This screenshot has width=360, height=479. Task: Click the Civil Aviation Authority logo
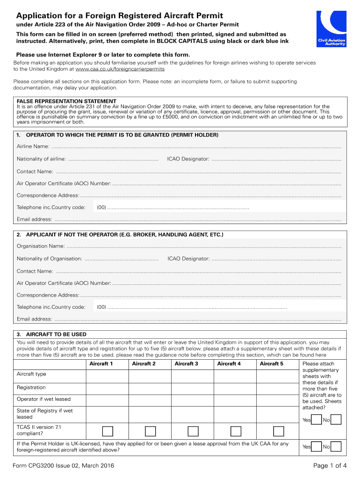(x=331, y=29)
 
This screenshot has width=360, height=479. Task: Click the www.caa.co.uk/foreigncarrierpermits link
(x=120, y=69)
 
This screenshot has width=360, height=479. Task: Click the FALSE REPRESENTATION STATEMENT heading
(x=66, y=101)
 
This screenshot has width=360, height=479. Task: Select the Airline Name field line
(x=196, y=147)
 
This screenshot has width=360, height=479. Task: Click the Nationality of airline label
(x=41, y=159)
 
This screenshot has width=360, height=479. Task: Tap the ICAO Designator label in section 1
(x=188, y=159)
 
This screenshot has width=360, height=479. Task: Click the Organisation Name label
(x=41, y=246)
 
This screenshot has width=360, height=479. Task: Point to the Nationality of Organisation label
(x=50, y=259)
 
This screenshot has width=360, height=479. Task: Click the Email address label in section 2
(x=34, y=319)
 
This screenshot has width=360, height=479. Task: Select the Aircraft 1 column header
(x=101, y=363)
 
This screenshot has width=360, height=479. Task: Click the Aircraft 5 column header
(x=272, y=363)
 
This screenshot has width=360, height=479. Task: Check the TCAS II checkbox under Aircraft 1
(x=108, y=431)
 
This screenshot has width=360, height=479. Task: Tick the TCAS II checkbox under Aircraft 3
(x=193, y=431)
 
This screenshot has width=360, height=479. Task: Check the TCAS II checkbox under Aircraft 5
(x=279, y=431)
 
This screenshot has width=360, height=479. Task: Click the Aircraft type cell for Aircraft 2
(x=150, y=374)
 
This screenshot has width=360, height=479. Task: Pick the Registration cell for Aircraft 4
(x=235, y=388)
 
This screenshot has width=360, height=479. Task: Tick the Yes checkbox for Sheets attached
(x=317, y=420)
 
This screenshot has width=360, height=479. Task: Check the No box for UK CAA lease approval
(x=336, y=447)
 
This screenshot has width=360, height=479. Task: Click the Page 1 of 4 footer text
(x=330, y=465)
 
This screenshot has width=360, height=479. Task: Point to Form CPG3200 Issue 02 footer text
(x=63, y=465)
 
